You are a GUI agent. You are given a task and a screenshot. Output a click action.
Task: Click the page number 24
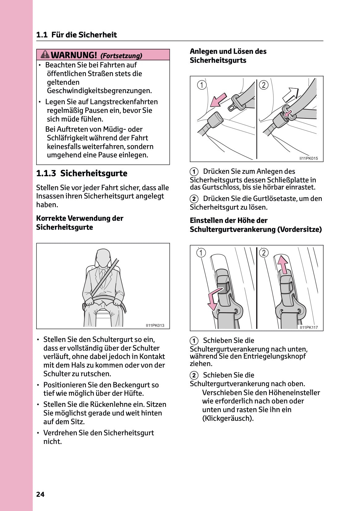click(40, 494)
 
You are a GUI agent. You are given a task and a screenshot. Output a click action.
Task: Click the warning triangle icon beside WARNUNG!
click(45, 55)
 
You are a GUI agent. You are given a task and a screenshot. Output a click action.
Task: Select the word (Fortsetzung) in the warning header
click(121, 56)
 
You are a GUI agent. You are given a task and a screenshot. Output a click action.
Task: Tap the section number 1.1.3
click(46, 173)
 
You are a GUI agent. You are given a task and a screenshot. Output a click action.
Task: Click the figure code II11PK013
click(155, 326)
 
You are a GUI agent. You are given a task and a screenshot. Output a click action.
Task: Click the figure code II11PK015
click(308, 159)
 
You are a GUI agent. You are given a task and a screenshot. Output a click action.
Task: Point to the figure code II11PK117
click(308, 327)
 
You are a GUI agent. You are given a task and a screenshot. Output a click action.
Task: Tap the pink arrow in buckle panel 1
click(218, 99)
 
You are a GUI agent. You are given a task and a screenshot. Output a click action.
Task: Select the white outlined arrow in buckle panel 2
click(290, 94)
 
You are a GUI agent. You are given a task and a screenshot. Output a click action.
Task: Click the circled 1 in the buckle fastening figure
click(201, 85)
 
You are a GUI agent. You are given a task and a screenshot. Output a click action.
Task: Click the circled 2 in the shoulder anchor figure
click(264, 253)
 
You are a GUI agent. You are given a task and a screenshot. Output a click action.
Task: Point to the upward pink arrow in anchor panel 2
click(282, 265)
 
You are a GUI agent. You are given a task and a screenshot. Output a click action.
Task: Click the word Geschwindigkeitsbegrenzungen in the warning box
click(99, 91)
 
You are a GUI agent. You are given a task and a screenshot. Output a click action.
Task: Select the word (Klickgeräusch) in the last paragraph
click(228, 418)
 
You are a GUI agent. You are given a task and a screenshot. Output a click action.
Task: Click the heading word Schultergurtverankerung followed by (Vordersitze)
click(232, 229)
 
